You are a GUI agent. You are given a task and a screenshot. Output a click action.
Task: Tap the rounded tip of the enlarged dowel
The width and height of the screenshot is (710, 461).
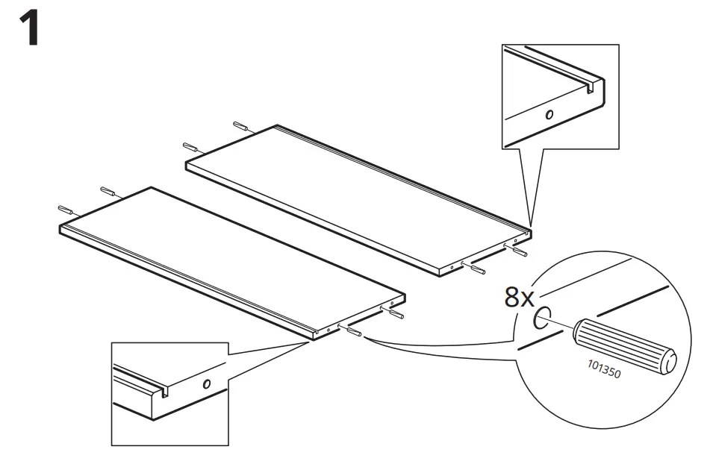[672, 360]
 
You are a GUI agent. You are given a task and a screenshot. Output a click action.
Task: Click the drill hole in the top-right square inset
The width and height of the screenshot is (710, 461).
[549, 116]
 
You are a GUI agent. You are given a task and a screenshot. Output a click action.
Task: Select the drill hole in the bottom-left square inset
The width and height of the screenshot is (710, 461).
[207, 384]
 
